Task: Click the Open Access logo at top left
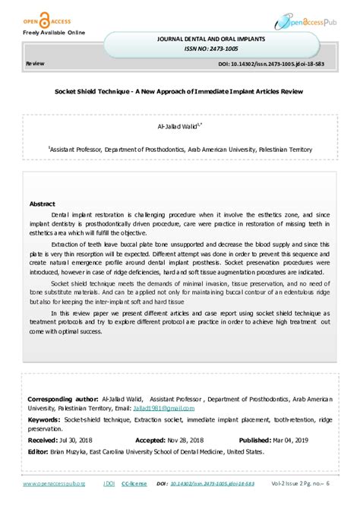click(33, 14)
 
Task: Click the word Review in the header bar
click(35, 65)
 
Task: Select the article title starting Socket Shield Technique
click(179, 91)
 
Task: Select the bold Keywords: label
click(44, 419)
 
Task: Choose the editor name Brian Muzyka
click(69, 451)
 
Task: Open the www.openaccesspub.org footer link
click(53, 484)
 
